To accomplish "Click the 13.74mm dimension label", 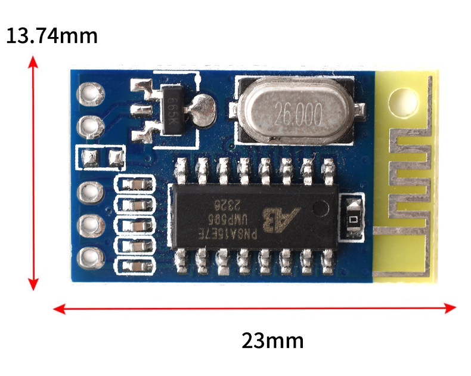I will click(51, 36).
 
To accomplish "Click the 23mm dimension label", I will click(272, 341).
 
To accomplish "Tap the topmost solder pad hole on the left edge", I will click(91, 94).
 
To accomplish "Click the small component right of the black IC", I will click(352, 219).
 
